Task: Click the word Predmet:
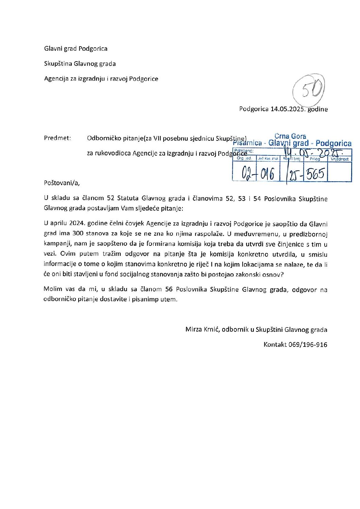[58, 138]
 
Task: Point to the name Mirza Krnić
[202, 329]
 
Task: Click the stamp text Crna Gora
[290, 137]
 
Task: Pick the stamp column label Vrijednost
[339, 159]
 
